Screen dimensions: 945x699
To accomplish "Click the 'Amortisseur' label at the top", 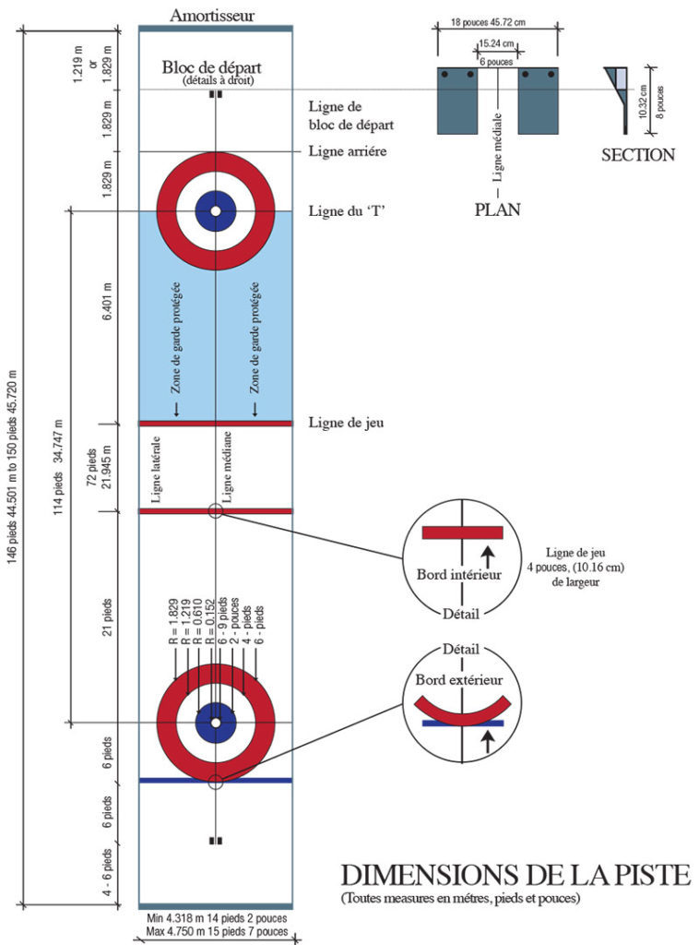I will pos(213,16).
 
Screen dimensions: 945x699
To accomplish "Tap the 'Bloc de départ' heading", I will pos(212,67).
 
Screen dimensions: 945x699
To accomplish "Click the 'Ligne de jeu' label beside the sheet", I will pos(346,423).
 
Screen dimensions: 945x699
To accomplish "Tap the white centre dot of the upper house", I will pos(215,211).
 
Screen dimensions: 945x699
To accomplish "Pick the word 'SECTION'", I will pos(638,155).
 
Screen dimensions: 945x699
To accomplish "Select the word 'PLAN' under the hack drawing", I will pos(497,209).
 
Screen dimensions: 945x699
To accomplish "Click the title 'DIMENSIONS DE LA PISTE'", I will pos(515,874).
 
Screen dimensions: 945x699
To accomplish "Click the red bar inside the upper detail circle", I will pos(461,532).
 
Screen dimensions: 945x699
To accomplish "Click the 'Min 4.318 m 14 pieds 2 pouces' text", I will pos(216,919).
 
